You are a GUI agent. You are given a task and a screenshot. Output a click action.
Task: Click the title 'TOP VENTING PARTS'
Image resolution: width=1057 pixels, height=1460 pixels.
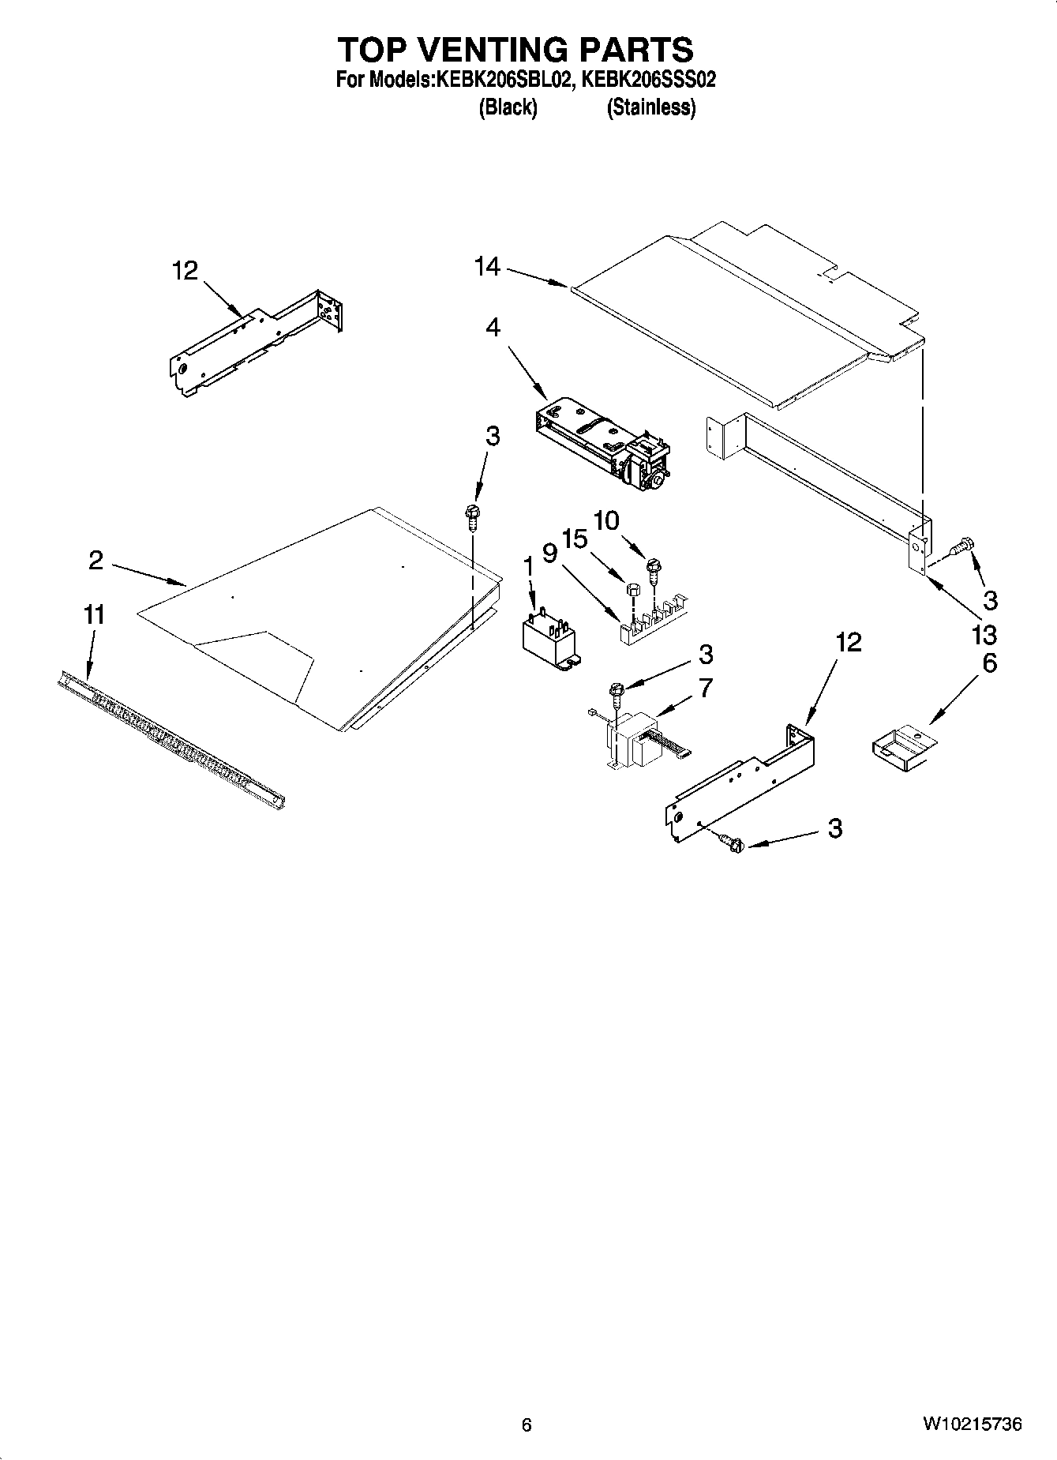click(x=515, y=50)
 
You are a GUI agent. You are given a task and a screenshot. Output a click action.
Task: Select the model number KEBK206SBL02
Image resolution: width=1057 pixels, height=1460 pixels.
click(x=500, y=80)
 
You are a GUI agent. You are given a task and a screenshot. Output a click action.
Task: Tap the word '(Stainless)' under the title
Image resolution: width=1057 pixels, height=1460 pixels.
click(x=650, y=108)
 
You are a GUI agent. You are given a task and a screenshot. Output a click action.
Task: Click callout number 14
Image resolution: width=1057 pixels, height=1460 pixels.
click(x=487, y=268)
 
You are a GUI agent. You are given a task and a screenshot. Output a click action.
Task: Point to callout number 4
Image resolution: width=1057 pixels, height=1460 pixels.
click(x=493, y=327)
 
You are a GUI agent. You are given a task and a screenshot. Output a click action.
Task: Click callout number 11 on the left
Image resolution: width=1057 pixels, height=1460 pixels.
click(x=94, y=614)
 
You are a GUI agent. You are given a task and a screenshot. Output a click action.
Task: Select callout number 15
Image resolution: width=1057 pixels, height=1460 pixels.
click(x=575, y=539)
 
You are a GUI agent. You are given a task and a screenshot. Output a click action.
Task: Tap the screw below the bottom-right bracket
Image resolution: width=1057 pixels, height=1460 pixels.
click(x=733, y=844)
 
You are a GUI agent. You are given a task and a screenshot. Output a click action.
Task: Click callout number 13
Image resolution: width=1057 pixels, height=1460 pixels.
click(x=984, y=634)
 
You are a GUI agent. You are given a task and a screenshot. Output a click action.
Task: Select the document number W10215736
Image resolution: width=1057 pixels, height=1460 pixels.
click(x=971, y=1424)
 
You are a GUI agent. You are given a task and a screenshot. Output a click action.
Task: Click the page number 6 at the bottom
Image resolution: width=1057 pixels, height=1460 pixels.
click(x=527, y=1424)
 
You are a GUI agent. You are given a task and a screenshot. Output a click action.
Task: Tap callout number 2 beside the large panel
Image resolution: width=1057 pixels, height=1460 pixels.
click(x=96, y=560)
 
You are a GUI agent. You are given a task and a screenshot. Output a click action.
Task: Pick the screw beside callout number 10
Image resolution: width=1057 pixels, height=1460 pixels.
click(x=653, y=570)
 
